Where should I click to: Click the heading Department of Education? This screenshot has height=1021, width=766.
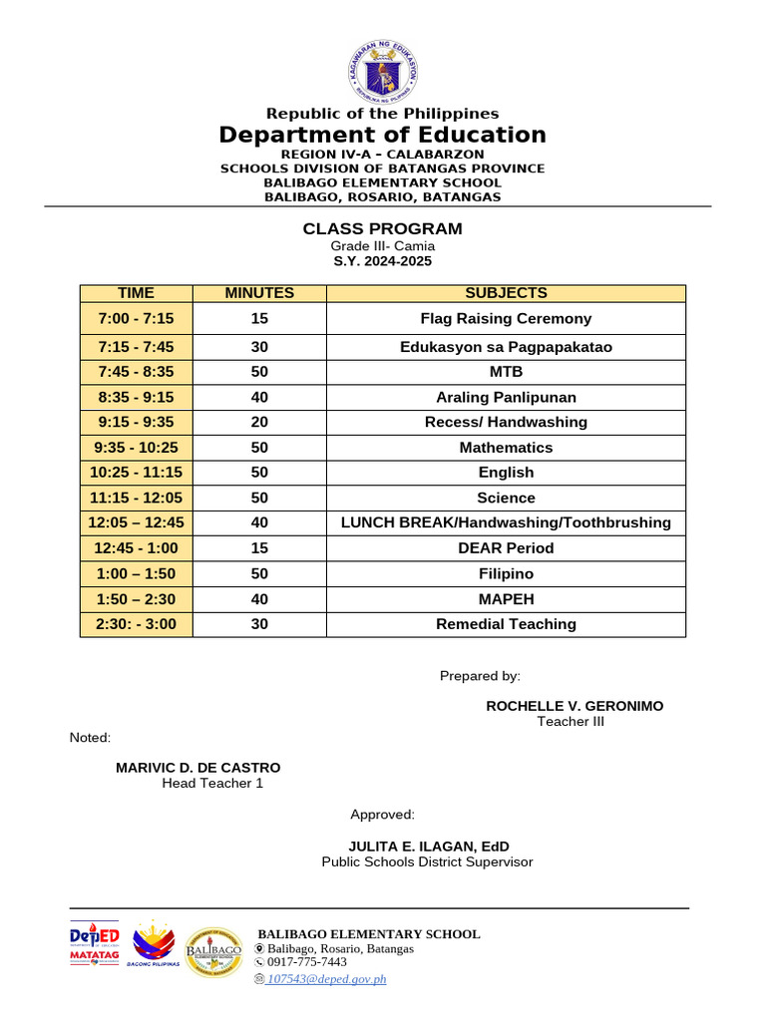point(383,135)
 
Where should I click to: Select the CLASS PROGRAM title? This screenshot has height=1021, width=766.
point(383,229)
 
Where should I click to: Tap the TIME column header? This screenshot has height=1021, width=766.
point(137,293)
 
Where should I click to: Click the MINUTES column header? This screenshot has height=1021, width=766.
point(259,293)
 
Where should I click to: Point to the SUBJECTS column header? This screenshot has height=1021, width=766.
point(506,293)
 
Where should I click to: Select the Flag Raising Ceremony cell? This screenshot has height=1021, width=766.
point(506,319)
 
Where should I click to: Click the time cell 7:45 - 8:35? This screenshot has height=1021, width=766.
point(137,372)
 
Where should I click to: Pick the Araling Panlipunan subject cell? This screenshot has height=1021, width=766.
point(506,397)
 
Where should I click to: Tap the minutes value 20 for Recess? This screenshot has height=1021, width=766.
point(259,422)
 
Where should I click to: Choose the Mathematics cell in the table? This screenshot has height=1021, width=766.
point(506,448)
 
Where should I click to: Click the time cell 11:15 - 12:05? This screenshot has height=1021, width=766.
point(137,498)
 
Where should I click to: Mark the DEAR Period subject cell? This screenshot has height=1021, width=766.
point(506,548)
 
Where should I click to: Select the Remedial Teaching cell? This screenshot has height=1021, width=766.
point(506,624)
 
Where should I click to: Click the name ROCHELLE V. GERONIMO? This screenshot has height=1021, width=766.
point(574,706)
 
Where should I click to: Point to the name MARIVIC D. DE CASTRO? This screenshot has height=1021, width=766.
point(198,768)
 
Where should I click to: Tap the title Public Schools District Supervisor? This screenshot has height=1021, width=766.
point(427,861)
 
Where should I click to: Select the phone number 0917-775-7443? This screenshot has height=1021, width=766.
point(306,962)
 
